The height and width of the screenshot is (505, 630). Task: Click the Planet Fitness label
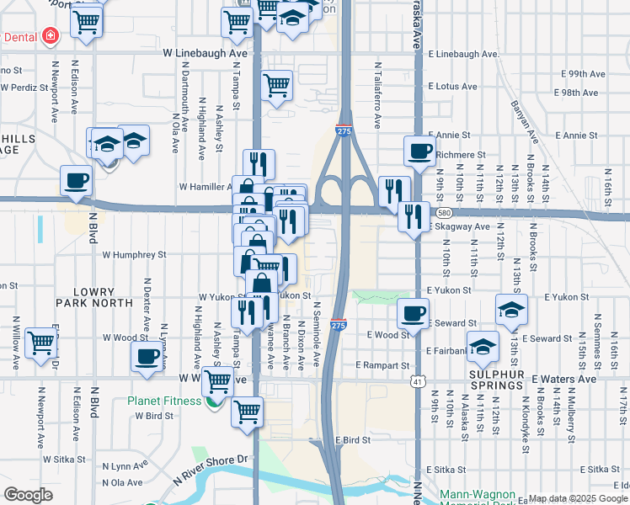click(165, 401)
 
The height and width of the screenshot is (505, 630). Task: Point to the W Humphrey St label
click(135, 253)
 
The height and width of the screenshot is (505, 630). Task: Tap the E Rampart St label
click(382, 365)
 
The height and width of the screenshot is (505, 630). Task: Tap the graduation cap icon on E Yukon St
click(511, 309)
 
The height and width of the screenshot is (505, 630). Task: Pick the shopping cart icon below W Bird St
click(247, 412)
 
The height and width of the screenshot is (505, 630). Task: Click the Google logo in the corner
click(28, 495)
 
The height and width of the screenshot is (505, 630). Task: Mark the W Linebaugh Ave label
click(206, 53)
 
